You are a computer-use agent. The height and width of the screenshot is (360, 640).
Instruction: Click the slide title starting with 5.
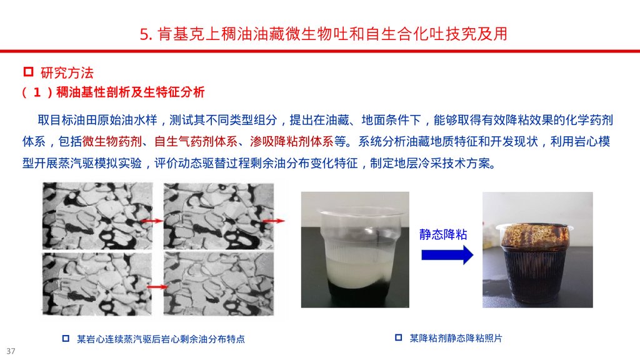click(x=324, y=34)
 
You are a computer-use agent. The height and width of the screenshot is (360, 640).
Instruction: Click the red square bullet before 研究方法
click(x=28, y=72)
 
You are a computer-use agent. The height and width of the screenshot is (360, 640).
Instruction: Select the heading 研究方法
click(x=67, y=73)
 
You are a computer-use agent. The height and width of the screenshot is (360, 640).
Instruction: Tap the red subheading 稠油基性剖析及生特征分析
click(x=130, y=92)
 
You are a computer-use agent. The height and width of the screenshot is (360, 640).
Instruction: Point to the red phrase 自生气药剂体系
click(x=196, y=142)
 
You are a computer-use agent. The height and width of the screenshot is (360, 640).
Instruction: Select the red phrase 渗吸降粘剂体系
click(x=291, y=142)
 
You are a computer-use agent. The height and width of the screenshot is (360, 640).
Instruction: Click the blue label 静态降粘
click(x=443, y=234)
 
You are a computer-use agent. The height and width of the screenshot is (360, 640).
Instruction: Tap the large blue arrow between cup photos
click(x=447, y=255)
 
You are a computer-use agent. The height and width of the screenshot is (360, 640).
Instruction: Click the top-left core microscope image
click(x=97, y=216)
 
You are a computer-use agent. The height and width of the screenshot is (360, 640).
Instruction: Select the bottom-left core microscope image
click(x=97, y=284)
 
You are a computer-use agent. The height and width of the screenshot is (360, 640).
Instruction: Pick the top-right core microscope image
click(x=219, y=216)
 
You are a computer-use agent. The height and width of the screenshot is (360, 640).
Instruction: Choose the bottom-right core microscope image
click(x=219, y=284)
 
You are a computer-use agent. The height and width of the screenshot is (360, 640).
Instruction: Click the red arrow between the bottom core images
click(x=157, y=287)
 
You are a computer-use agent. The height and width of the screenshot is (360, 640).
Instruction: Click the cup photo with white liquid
click(x=355, y=249)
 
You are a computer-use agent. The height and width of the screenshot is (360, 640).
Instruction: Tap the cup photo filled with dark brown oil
click(x=537, y=249)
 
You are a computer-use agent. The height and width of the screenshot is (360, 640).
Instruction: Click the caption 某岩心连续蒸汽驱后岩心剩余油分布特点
click(x=161, y=339)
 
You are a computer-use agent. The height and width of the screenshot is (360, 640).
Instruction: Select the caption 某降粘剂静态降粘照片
click(x=456, y=338)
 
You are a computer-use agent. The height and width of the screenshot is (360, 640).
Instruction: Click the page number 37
click(x=11, y=351)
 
